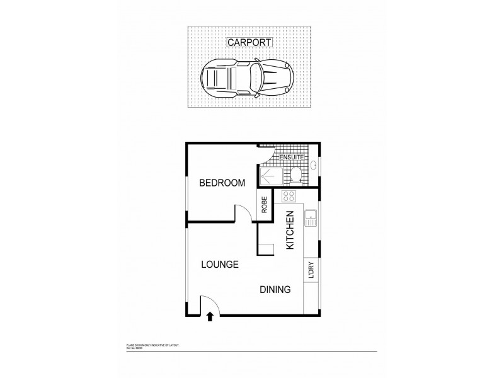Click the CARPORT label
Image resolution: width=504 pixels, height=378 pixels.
click(x=250, y=43)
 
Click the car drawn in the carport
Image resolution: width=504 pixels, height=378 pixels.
click(x=246, y=79)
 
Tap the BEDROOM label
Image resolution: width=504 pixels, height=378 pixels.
click(x=222, y=183)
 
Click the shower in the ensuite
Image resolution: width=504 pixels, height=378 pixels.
click(x=270, y=177)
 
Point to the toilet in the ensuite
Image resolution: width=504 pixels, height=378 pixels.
click(x=297, y=176)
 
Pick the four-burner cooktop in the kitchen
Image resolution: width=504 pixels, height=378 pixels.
click(x=290, y=196)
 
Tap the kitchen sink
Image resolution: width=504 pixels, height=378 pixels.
click(x=311, y=219)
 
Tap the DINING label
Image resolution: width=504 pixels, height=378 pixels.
click(x=275, y=290)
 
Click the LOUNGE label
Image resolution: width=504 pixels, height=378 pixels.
click(x=219, y=265)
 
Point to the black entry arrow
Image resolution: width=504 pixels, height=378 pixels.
click(x=210, y=318)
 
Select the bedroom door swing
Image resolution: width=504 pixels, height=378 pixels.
click(x=243, y=212)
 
